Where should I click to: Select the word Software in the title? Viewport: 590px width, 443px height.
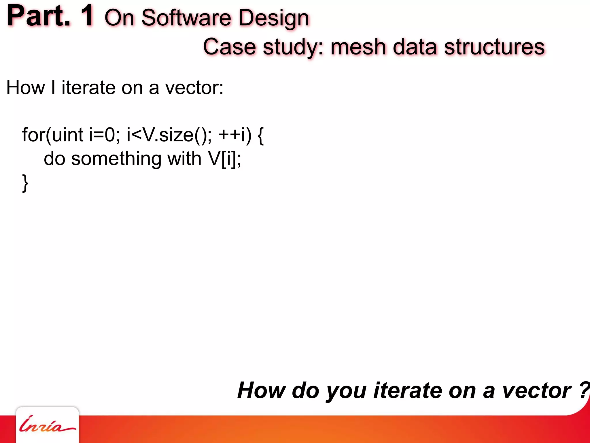point(186,18)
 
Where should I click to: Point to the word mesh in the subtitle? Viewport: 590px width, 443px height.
point(358,47)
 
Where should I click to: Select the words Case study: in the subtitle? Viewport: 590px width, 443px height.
point(263,47)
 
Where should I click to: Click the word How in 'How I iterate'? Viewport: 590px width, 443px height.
point(26,87)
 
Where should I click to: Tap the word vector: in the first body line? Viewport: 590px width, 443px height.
point(194,87)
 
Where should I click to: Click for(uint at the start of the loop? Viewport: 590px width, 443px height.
point(53,135)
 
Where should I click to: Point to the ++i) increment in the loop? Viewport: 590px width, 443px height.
point(235,135)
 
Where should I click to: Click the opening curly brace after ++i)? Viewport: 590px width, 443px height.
point(260,136)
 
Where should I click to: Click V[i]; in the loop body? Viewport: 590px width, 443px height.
point(225,159)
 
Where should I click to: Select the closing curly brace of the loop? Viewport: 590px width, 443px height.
point(25,183)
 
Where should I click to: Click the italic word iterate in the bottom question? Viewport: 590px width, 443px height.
point(408,391)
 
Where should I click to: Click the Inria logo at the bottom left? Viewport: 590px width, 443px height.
point(47,425)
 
